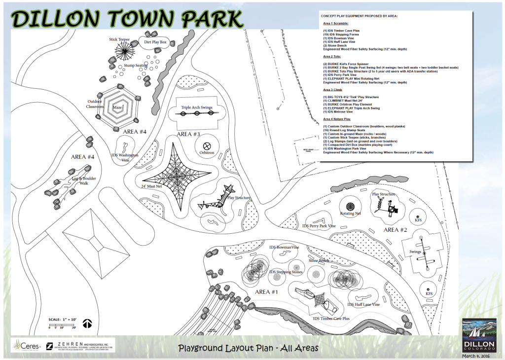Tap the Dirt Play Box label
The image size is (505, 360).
point(156,43)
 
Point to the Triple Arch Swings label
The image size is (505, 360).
point(196,107)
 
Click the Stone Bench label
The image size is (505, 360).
point(319,260)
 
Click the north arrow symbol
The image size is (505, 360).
point(88,324)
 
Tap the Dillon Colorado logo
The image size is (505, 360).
point(478,335)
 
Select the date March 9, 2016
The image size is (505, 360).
point(478,356)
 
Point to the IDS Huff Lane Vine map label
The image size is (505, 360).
point(363,305)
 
